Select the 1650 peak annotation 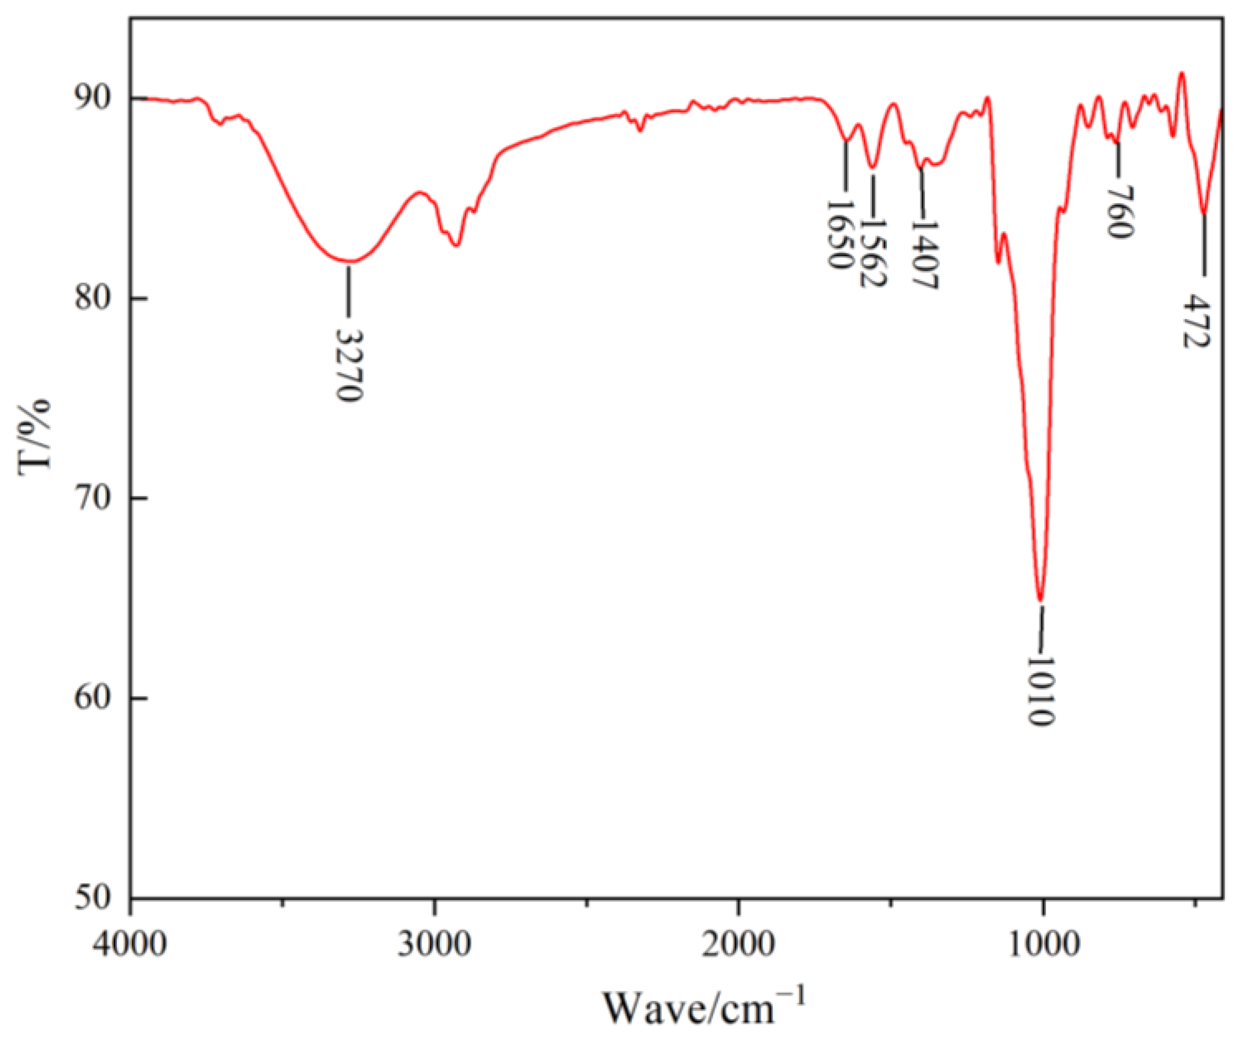(x=839, y=234)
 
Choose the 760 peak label (x=1119, y=212)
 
